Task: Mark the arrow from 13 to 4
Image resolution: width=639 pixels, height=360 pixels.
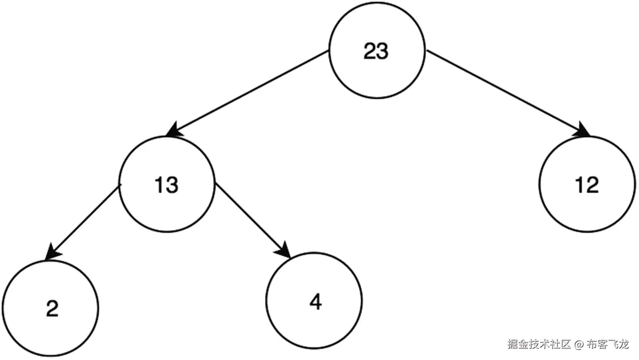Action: (x=251, y=219)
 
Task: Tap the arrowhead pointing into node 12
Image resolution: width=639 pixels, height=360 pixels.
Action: (x=582, y=130)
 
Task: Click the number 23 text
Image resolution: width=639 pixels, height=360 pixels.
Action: (x=376, y=51)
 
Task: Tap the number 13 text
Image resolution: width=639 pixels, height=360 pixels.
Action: (x=166, y=185)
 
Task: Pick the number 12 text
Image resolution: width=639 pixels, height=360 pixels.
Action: (x=587, y=185)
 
